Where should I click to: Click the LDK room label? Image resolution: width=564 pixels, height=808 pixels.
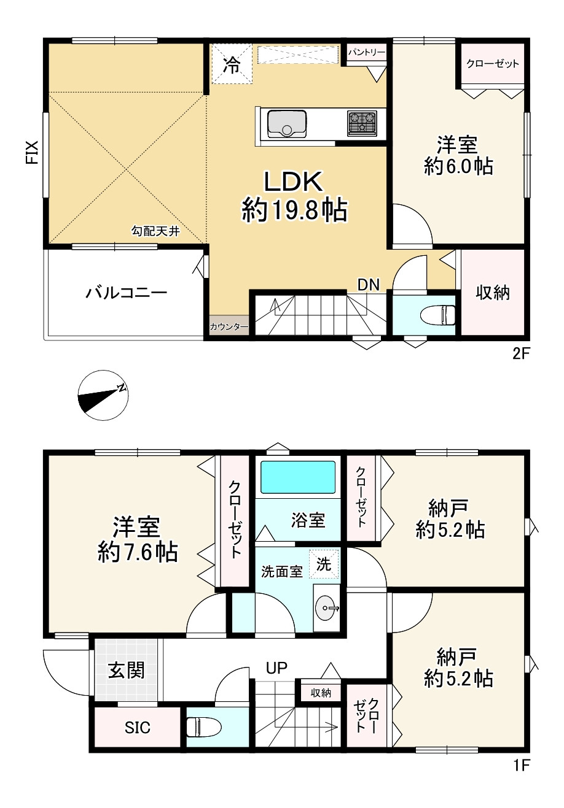[294, 182]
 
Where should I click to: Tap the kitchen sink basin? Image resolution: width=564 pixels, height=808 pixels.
[287, 124]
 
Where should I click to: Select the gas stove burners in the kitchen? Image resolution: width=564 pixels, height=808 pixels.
[362, 123]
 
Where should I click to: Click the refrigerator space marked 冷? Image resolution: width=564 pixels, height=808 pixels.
[231, 63]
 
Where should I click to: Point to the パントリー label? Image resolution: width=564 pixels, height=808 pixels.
[366, 53]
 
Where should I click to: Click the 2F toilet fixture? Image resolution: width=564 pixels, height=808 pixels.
[438, 315]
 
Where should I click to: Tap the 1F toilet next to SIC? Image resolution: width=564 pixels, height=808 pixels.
[203, 726]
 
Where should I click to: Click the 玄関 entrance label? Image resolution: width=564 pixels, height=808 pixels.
[127, 670]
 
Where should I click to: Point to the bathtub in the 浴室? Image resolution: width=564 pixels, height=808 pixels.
[298, 477]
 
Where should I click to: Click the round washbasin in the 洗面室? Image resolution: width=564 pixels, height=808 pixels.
[327, 608]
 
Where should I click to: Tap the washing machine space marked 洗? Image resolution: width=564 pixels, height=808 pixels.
[324, 564]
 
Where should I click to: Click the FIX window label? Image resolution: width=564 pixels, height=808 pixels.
[32, 152]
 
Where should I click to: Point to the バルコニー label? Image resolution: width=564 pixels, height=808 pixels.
[126, 292]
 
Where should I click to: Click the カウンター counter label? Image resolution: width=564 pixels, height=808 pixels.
[229, 327]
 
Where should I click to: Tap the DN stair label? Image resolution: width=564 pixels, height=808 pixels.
[368, 285]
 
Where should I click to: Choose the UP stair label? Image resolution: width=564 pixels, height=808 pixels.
[276, 668]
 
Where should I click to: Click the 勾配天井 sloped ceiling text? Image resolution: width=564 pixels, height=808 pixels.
[155, 231]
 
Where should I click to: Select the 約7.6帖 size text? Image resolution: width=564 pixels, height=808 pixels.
[138, 552]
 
